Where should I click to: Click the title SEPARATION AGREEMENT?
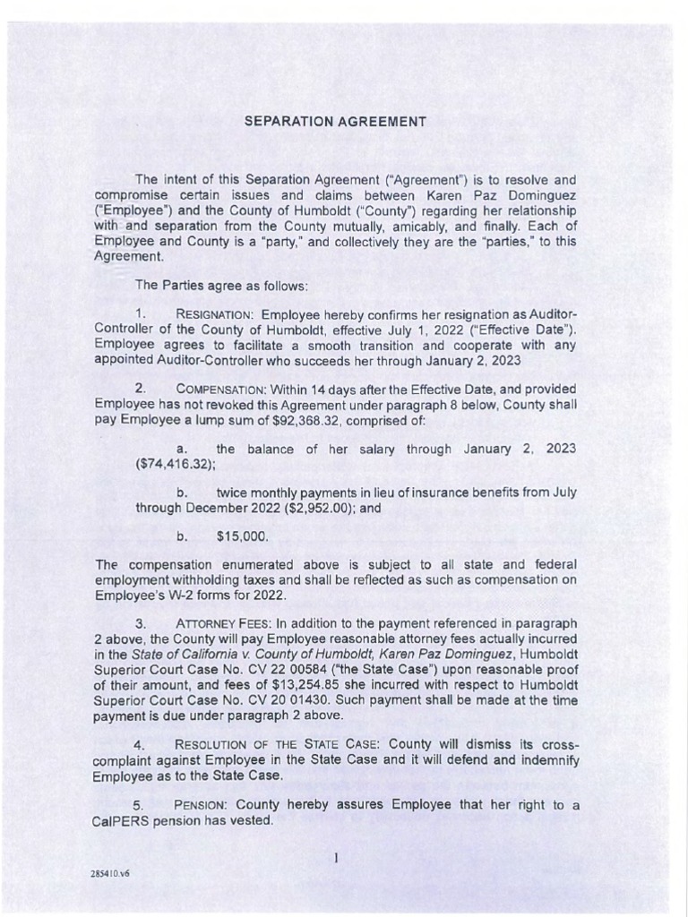coord(335,122)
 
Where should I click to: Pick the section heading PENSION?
coord(202,804)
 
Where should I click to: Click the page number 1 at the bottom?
coord(335,858)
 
